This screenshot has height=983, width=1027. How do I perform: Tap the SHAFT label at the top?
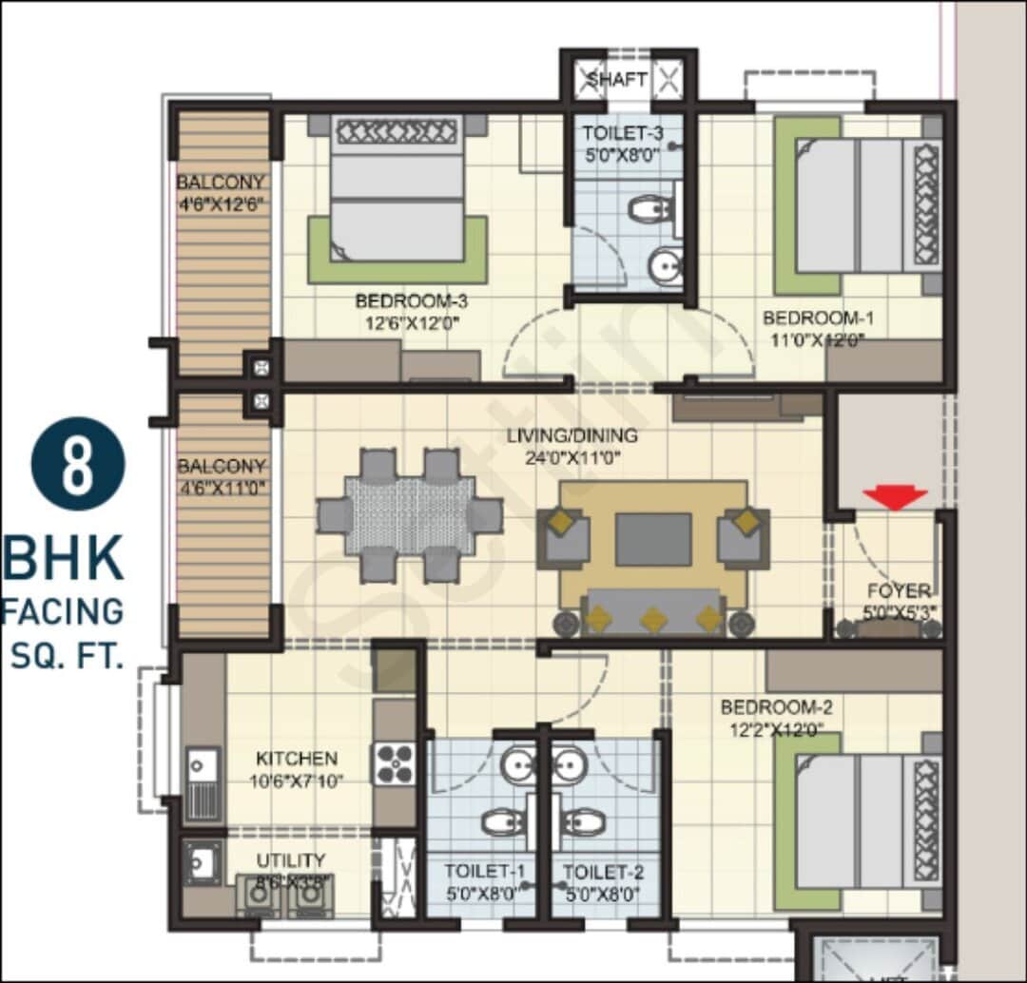pos(616,79)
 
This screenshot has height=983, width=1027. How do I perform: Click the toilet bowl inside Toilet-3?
pos(650,208)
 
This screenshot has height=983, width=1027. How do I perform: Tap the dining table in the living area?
pos(410,515)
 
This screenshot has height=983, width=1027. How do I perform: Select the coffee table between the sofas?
pos(652,539)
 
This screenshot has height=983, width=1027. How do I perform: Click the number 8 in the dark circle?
pos(78,464)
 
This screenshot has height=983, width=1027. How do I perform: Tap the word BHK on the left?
pos(63,559)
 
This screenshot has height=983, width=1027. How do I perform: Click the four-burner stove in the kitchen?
pos(394,762)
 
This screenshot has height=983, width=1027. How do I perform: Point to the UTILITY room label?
pos(290,860)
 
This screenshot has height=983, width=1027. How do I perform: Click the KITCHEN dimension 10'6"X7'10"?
pos(298,781)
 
